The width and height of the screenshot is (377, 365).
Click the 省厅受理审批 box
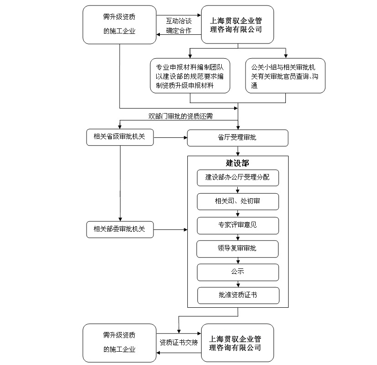pos(237,138)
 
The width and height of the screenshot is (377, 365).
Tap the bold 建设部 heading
pos(237,163)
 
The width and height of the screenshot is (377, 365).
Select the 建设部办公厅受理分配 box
pos(238,178)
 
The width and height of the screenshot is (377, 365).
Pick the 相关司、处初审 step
pos(238,202)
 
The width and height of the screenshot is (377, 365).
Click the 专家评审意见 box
pos(238,225)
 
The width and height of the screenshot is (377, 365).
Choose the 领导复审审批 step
pos(238,249)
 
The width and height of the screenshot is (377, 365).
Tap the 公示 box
pos(238,272)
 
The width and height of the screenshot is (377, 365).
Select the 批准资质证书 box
pos(238,295)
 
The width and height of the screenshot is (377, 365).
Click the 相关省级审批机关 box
pos(120,137)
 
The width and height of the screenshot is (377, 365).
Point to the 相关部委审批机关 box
pos(120,229)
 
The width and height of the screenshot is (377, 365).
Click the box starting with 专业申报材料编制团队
pos(190,76)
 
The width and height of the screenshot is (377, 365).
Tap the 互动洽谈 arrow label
pos(179,21)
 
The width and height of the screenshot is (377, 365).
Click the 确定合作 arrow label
pos(179,31)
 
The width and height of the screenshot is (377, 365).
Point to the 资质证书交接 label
pos(179,342)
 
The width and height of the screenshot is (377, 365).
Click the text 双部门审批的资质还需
pos(180,116)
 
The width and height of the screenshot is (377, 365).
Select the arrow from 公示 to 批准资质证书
pos(238,284)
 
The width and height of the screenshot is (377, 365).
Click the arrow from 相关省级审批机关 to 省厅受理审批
pos(170,137)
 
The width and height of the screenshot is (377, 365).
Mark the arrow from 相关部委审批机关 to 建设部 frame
pos(169,229)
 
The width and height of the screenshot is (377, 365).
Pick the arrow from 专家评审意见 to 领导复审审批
pos(238,237)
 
